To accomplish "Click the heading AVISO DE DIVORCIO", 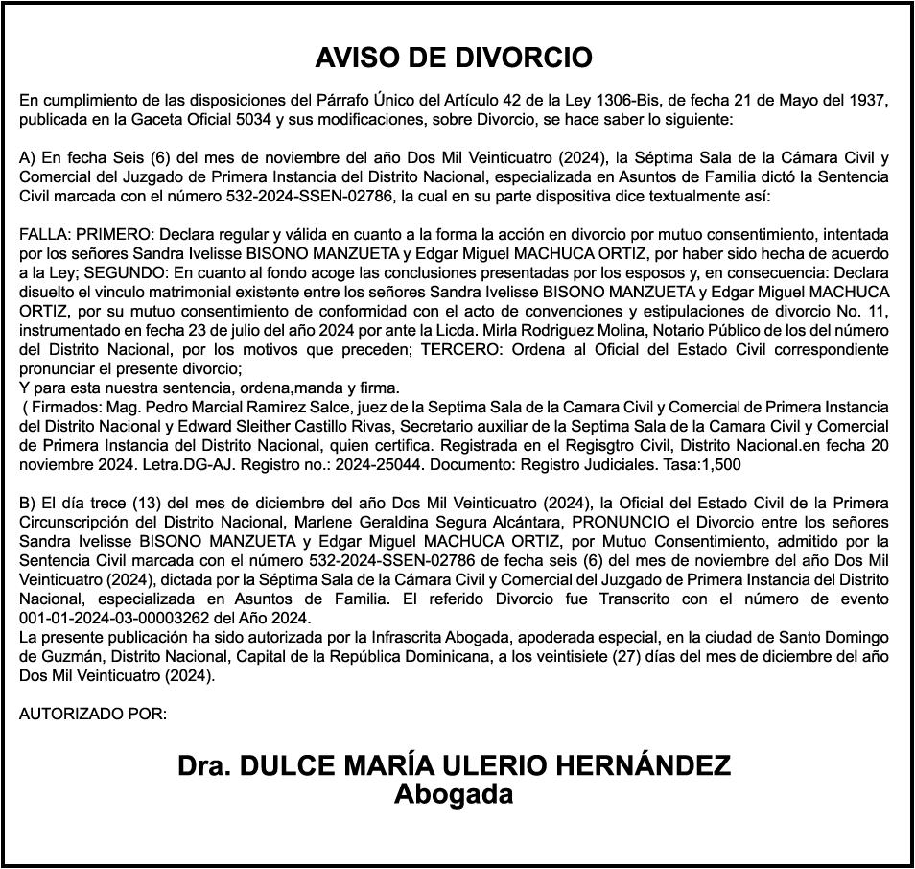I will point(454,58).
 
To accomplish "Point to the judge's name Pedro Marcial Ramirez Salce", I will point(218,408).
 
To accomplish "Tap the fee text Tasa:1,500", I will point(699,464).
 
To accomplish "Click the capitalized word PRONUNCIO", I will point(618,521).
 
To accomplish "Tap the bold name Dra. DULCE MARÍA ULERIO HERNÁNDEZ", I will point(454,765).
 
